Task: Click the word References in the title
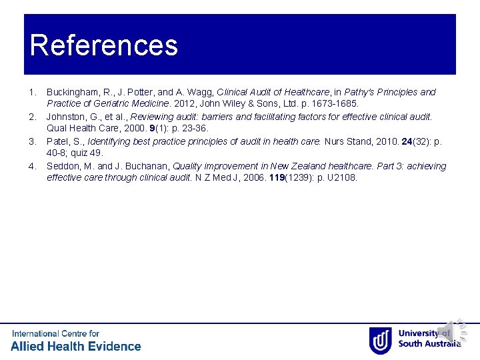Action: [104, 45]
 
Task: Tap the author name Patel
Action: [58, 141]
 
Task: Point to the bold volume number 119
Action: [277, 178]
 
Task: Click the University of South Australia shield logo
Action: [380, 340]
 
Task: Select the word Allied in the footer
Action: [30, 346]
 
